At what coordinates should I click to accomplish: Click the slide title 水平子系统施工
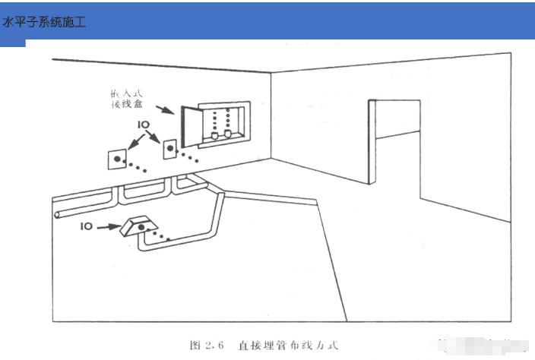[x=44, y=22]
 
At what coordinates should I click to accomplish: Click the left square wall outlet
[x=117, y=159]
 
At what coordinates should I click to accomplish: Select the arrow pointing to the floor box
[x=108, y=226]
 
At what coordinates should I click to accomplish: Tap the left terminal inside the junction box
[x=215, y=136]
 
